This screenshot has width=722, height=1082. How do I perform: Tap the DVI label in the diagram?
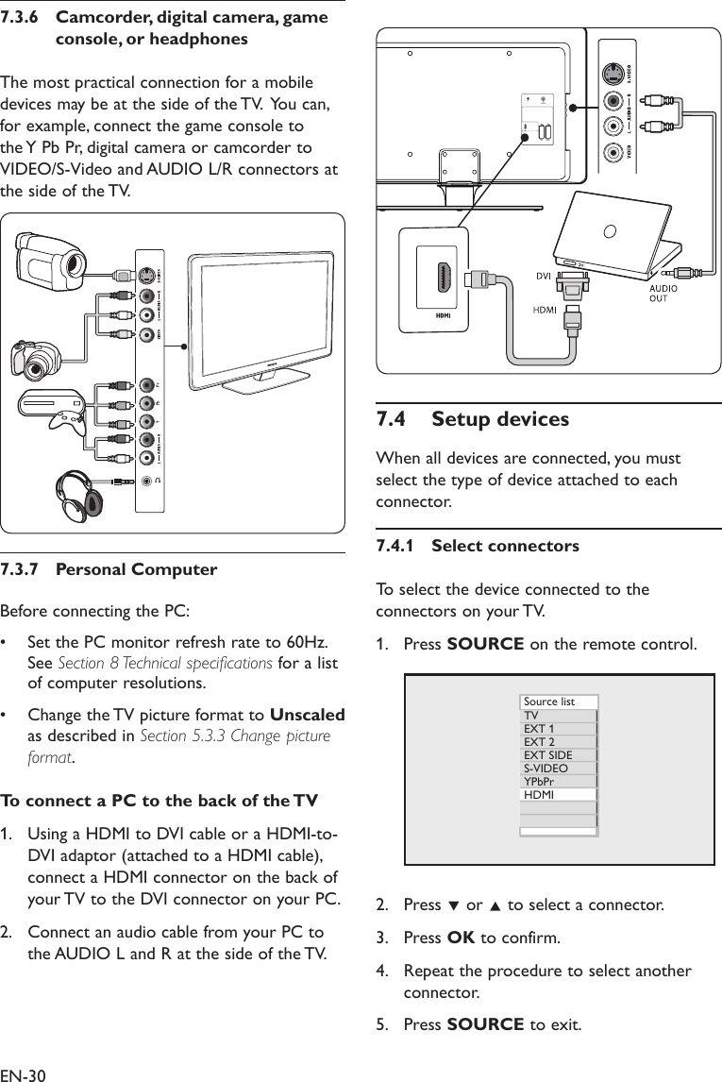(x=543, y=277)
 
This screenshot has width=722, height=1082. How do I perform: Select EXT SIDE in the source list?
(x=547, y=754)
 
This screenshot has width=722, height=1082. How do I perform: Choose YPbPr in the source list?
(x=539, y=781)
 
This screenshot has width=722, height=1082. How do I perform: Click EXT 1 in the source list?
(x=539, y=729)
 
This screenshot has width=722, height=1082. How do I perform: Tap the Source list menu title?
(x=549, y=702)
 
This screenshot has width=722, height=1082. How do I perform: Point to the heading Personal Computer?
(x=136, y=570)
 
